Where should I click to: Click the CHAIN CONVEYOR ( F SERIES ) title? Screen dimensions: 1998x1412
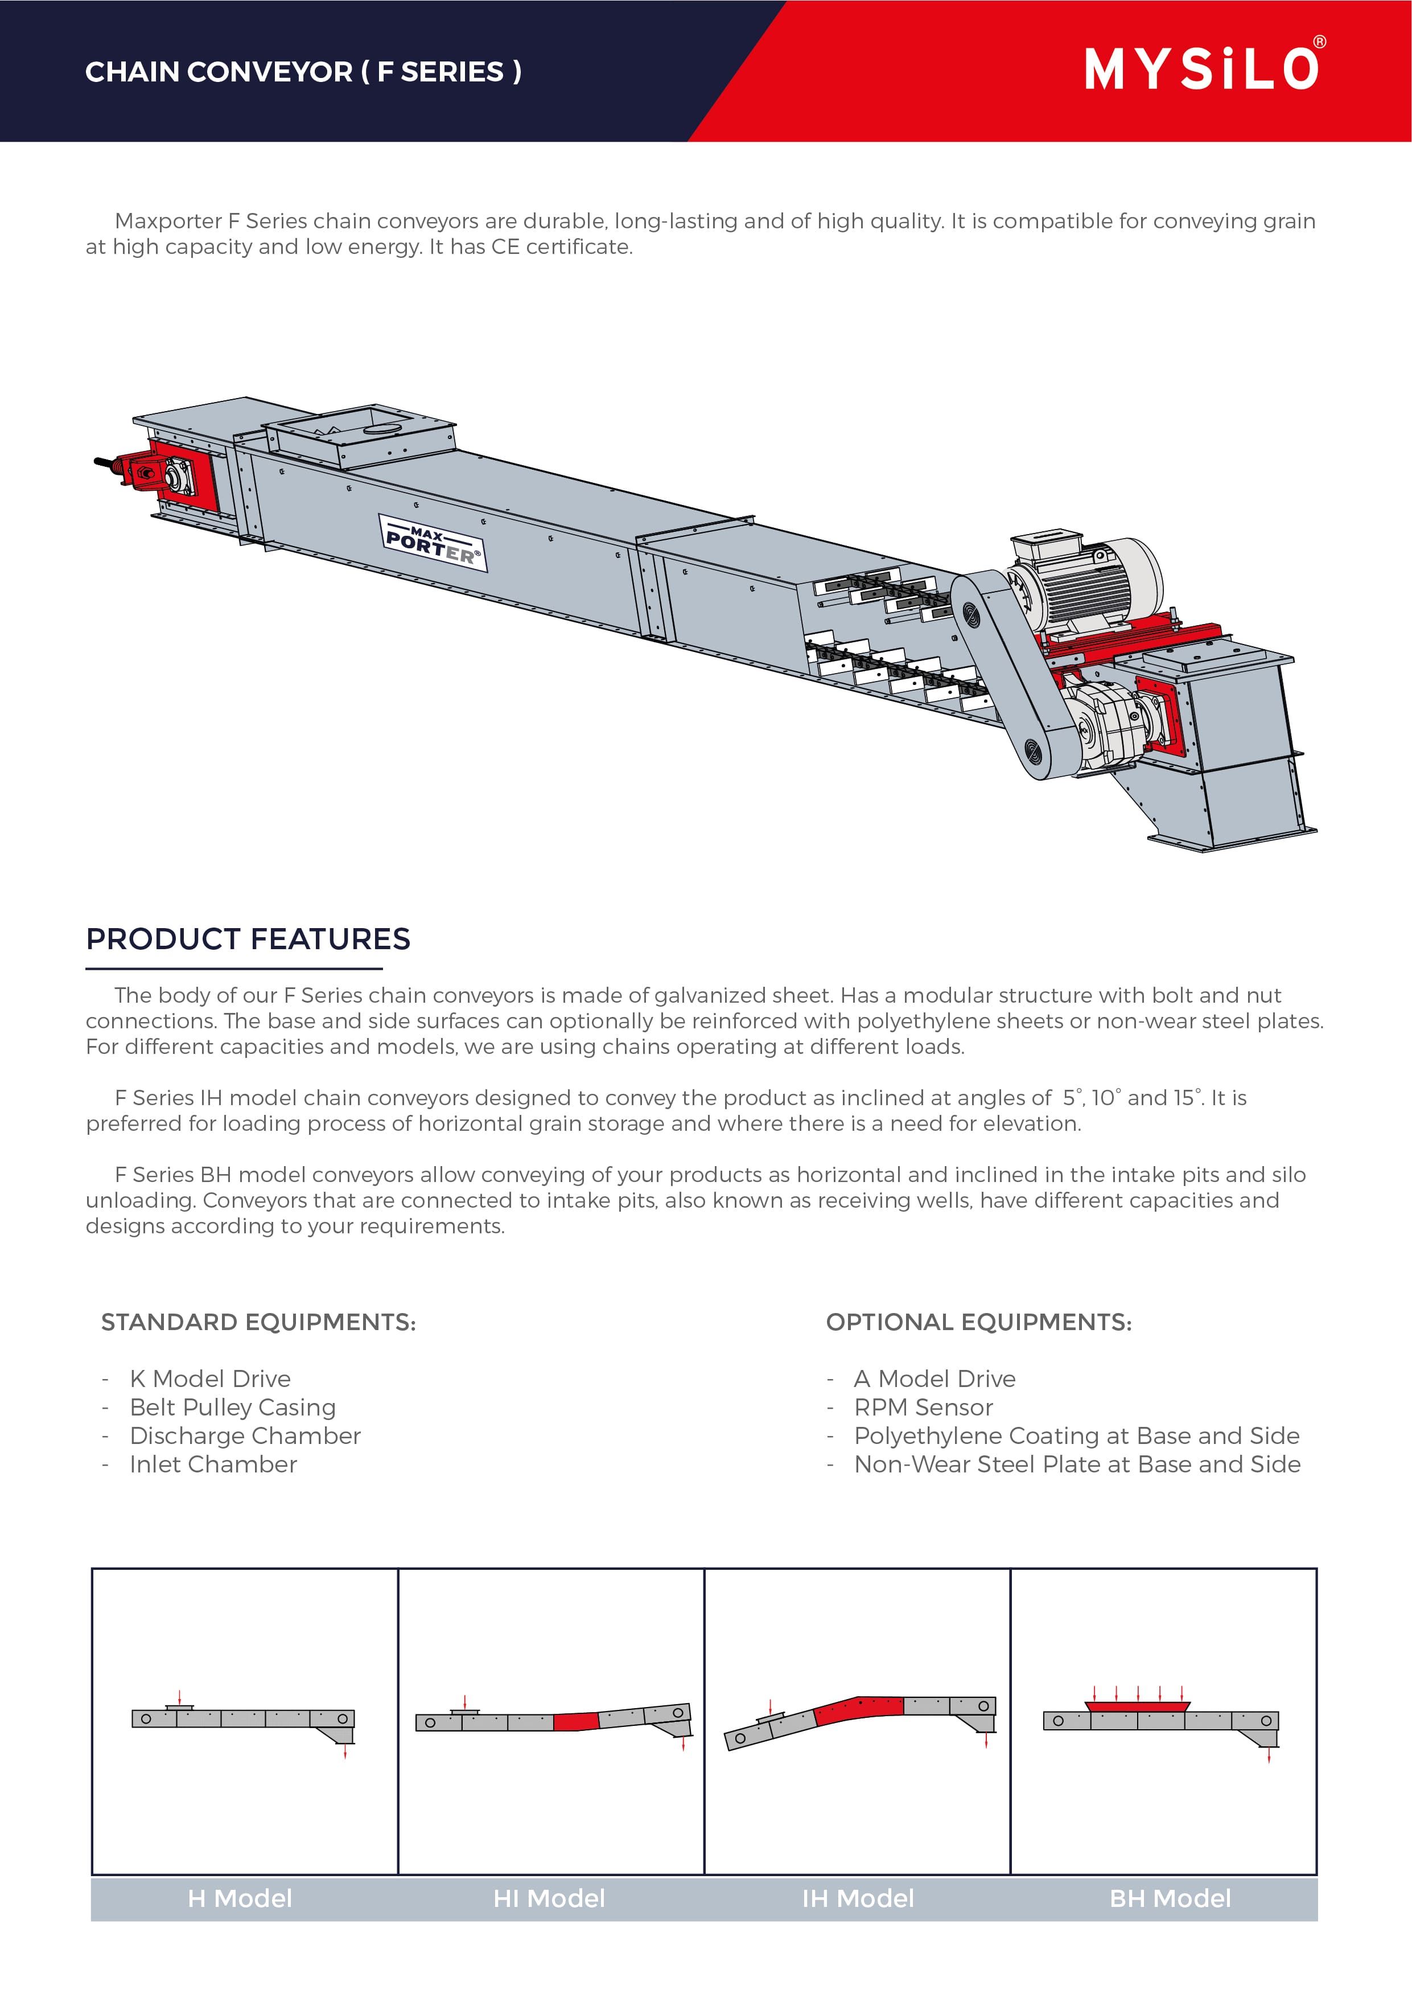[303, 71]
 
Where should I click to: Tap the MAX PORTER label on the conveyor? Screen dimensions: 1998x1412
[433, 543]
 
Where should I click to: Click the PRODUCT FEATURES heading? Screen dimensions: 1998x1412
[248, 939]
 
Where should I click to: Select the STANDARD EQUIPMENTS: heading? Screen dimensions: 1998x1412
[258, 1322]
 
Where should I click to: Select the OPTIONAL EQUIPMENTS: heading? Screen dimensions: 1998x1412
[979, 1322]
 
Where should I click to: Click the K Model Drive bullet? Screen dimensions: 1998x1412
[209, 1379]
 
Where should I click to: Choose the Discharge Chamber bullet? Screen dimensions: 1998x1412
[245, 1436]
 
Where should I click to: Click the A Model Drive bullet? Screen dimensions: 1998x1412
[935, 1379]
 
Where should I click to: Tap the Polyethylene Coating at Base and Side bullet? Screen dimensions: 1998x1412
[1076, 1436]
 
